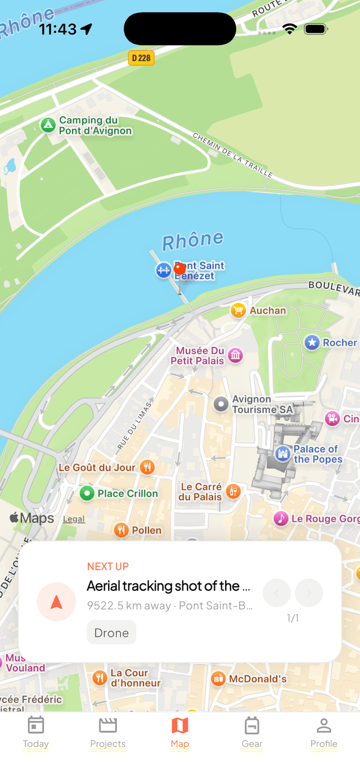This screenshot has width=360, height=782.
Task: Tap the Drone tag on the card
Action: click(x=111, y=632)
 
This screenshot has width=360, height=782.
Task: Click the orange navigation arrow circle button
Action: click(x=56, y=602)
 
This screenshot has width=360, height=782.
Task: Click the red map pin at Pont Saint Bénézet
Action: click(x=180, y=270)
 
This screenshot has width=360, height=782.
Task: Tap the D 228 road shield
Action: click(x=141, y=58)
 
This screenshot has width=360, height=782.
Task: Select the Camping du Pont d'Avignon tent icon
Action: click(x=48, y=125)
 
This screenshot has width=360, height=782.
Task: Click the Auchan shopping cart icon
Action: click(x=238, y=310)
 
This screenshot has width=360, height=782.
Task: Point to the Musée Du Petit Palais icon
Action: click(x=236, y=355)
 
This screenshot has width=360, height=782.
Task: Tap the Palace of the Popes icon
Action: click(x=282, y=454)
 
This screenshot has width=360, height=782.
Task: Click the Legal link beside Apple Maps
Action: click(x=74, y=519)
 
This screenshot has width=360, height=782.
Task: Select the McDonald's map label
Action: click(x=258, y=679)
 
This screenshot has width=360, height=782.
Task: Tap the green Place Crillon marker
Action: click(x=87, y=494)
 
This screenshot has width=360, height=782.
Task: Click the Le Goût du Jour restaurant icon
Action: click(x=147, y=467)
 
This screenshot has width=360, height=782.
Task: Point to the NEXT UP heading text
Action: click(x=108, y=566)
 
